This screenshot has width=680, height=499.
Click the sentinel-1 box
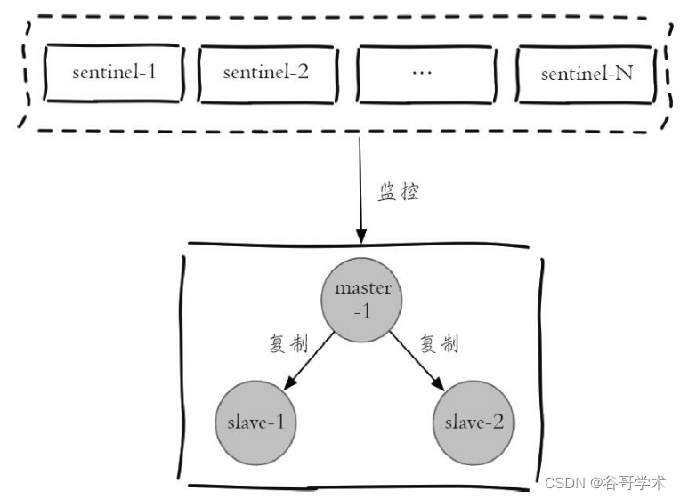[114, 73]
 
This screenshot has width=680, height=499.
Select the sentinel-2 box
[268, 74]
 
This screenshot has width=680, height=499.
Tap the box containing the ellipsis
[426, 74]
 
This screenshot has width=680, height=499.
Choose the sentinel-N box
[587, 74]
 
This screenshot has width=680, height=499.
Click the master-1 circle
[361, 300]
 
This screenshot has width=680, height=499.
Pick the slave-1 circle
[255, 423]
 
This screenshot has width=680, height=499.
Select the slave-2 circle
[474, 423]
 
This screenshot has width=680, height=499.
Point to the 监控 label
[399, 192]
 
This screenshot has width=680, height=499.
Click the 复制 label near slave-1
[288, 343]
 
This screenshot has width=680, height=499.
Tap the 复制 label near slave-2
[439, 343]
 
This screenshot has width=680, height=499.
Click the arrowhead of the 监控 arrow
[361, 237]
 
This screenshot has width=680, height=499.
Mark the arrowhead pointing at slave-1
[289, 382]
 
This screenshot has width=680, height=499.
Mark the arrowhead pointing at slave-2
[438, 383]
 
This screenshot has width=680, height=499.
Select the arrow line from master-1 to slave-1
[308, 361]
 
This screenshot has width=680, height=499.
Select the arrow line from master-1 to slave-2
[417, 361]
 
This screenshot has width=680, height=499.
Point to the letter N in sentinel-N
[624, 73]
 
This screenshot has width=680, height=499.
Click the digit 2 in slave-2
[498, 422]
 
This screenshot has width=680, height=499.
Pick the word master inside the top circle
[363, 288]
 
